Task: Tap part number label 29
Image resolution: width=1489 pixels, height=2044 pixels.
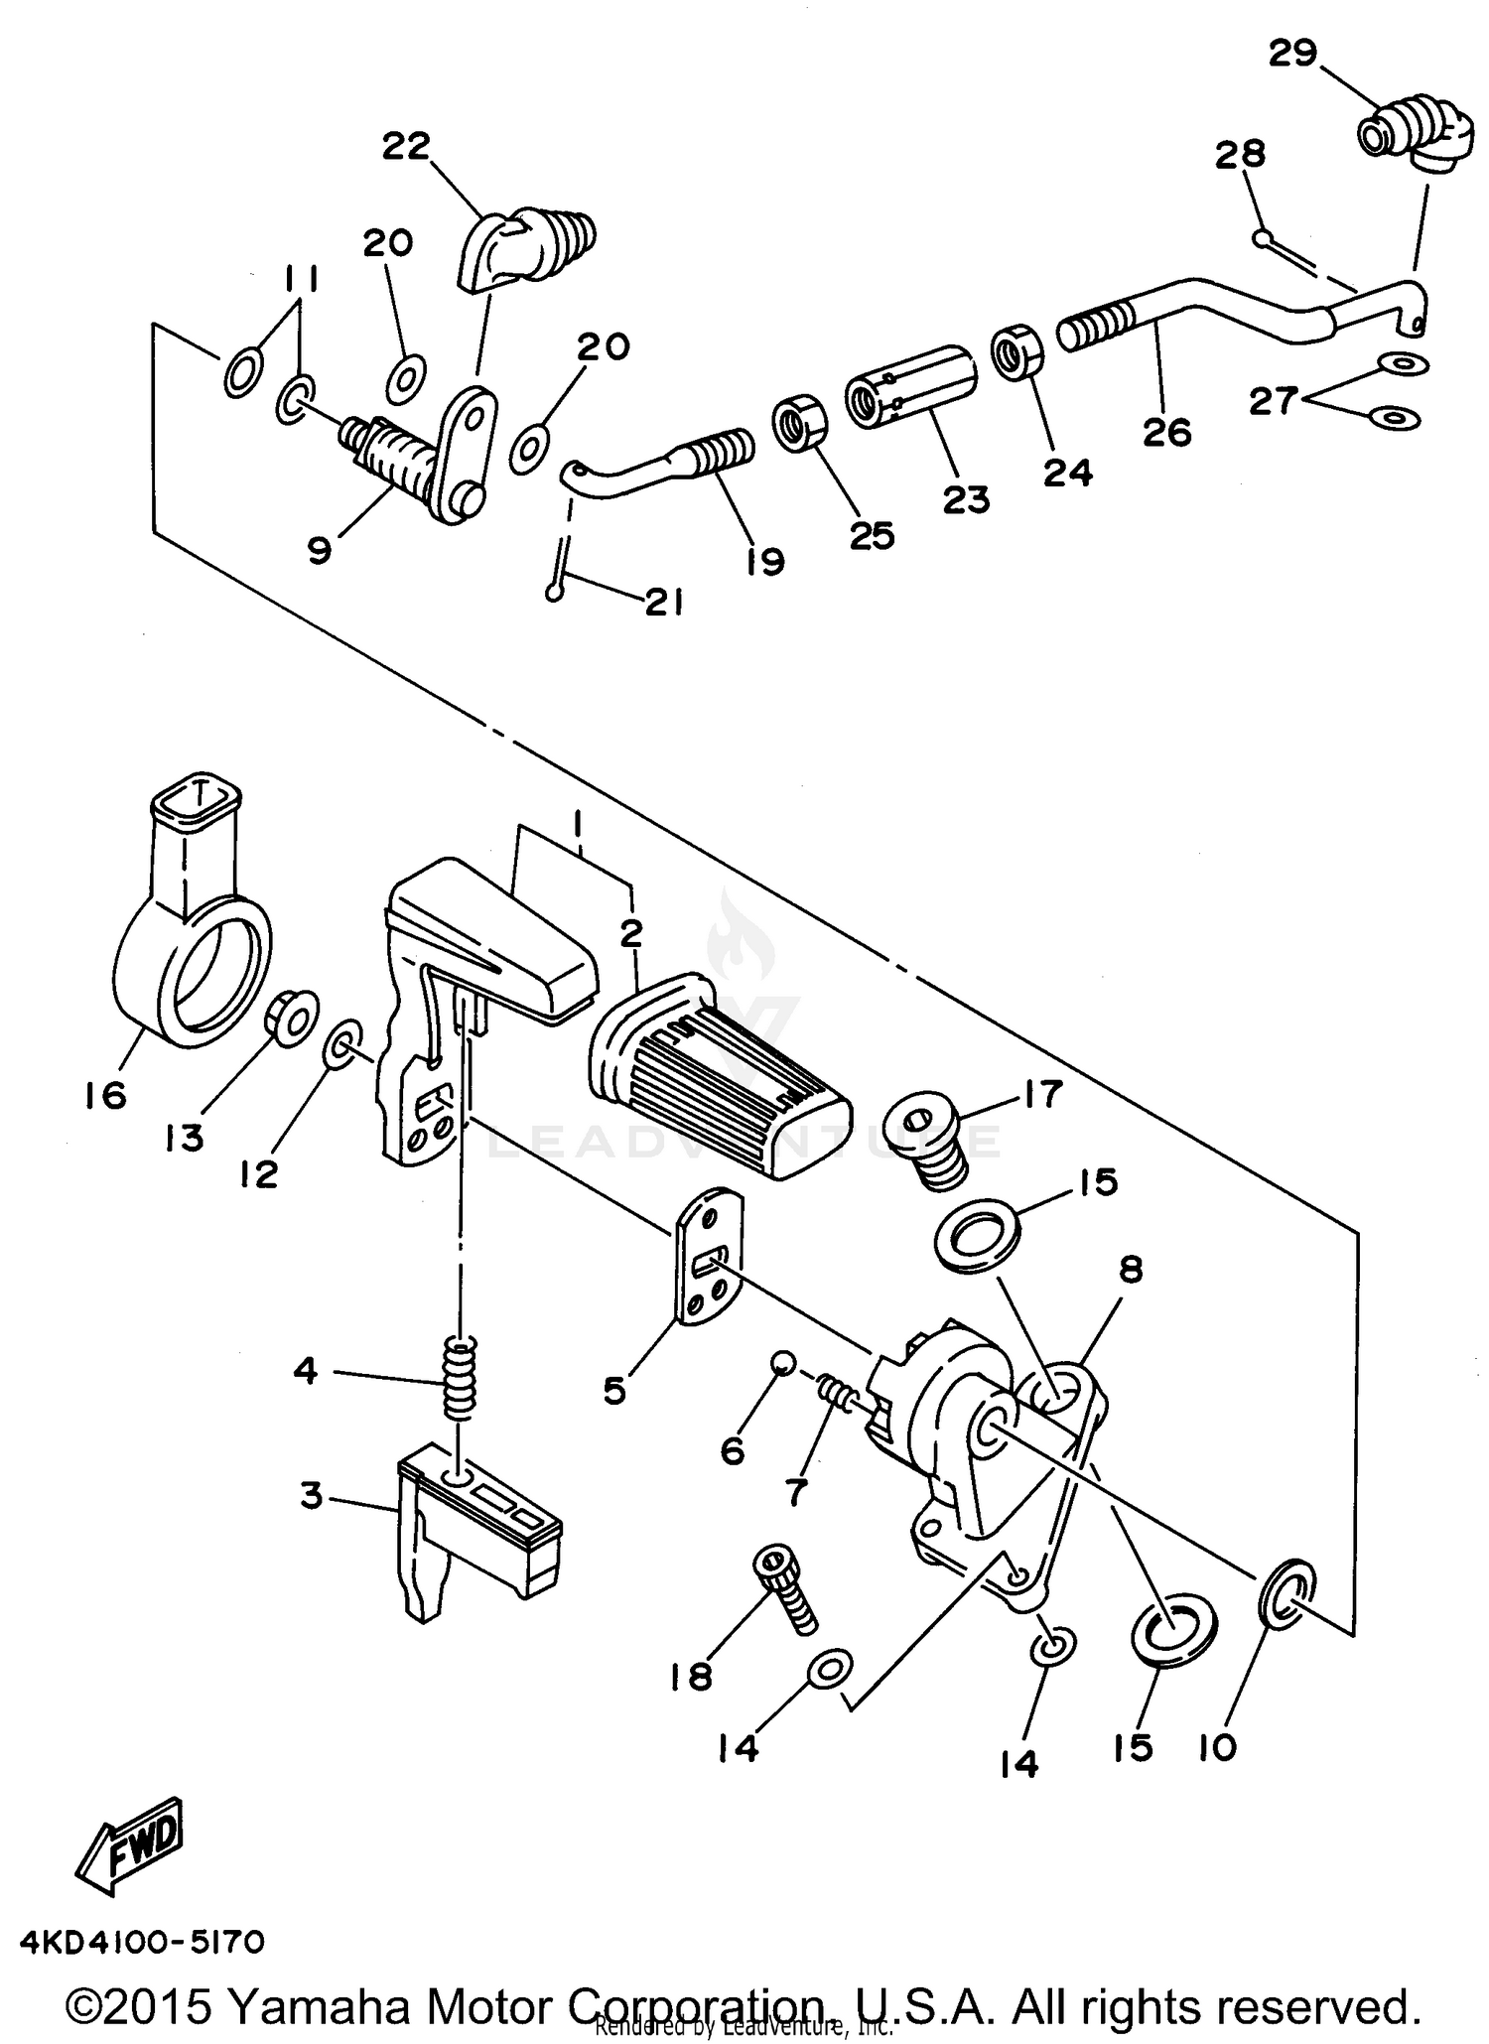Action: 1292,54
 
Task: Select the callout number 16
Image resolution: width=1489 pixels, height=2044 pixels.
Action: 106,1095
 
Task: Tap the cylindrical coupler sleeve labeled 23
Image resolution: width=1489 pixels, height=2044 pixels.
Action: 909,386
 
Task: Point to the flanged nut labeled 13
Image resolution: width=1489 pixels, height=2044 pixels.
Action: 289,1017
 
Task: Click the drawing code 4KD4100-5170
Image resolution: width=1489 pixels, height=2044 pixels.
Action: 141,1941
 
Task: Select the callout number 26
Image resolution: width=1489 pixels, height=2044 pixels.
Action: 1166,432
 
